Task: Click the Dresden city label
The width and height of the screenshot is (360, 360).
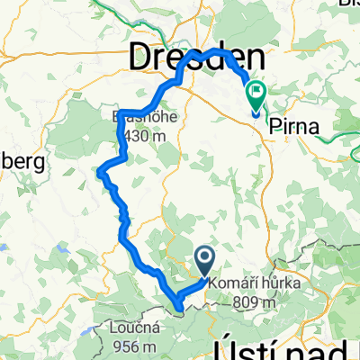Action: point(188,58)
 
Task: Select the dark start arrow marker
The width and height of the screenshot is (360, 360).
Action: point(203,262)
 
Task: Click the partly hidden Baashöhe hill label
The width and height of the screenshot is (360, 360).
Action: point(135,118)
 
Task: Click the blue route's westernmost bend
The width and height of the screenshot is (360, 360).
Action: point(102,170)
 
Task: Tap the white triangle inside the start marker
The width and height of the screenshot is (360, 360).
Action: point(203,261)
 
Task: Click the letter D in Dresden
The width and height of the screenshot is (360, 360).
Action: point(145,58)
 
